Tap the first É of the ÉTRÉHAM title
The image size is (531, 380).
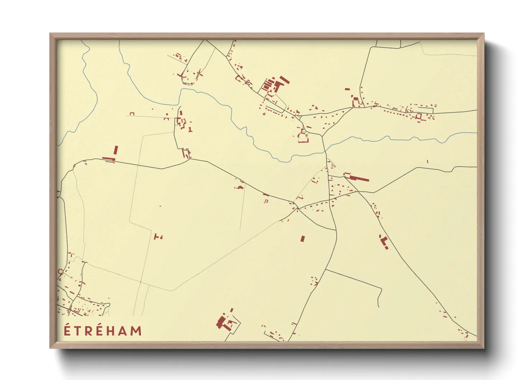pyautogui.click(x=67, y=330)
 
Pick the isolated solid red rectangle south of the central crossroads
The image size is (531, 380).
pyautogui.click(x=302, y=238)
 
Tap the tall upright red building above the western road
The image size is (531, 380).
pyautogui.click(x=116, y=150)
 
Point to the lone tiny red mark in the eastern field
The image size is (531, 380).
pyautogui.click(x=427, y=162)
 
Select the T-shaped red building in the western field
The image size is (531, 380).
pyautogui.click(x=156, y=236)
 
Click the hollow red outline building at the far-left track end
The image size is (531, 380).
pyautogui.click(x=132, y=114)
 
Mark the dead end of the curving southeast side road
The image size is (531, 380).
pyautogui.click(x=379, y=307)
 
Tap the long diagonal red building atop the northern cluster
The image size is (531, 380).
pyautogui.click(x=285, y=80)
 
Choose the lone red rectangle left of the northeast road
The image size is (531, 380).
pyautogui.click(x=347, y=89)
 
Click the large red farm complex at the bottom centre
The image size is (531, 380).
pyautogui.click(x=225, y=322)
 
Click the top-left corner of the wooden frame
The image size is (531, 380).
pyautogui.click(x=50, y=34)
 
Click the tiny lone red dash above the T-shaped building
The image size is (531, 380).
pyautogui.click(x=160, y=206)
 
